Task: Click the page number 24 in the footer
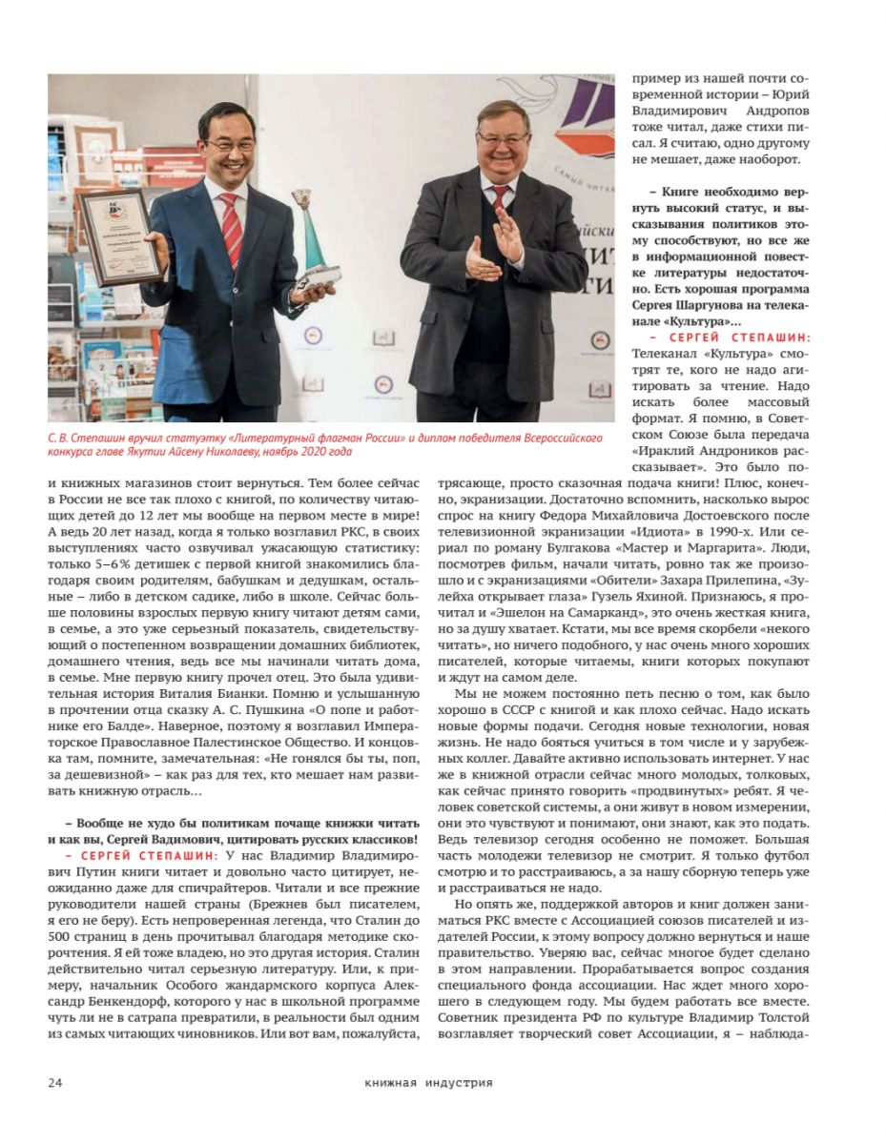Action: click(55, 1082)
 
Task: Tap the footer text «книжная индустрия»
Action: click(428, 1082)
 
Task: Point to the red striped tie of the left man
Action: click(231, 228)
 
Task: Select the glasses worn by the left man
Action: click(230, 145)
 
